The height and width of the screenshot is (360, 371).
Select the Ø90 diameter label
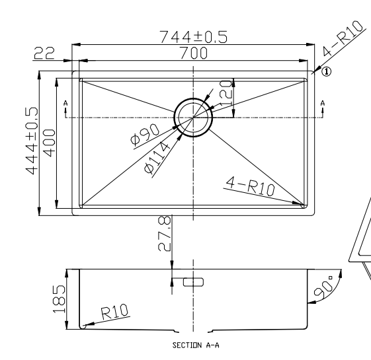[145, 135]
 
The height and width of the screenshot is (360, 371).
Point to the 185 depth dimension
[59, 299]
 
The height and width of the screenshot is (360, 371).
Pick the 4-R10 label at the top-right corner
[344, 41]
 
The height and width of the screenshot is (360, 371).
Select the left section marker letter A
[65, 104]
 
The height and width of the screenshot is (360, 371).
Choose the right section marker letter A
[322, 104]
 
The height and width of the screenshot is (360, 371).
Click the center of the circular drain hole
[192, 118]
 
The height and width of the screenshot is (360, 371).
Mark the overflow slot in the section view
[193, 282]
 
